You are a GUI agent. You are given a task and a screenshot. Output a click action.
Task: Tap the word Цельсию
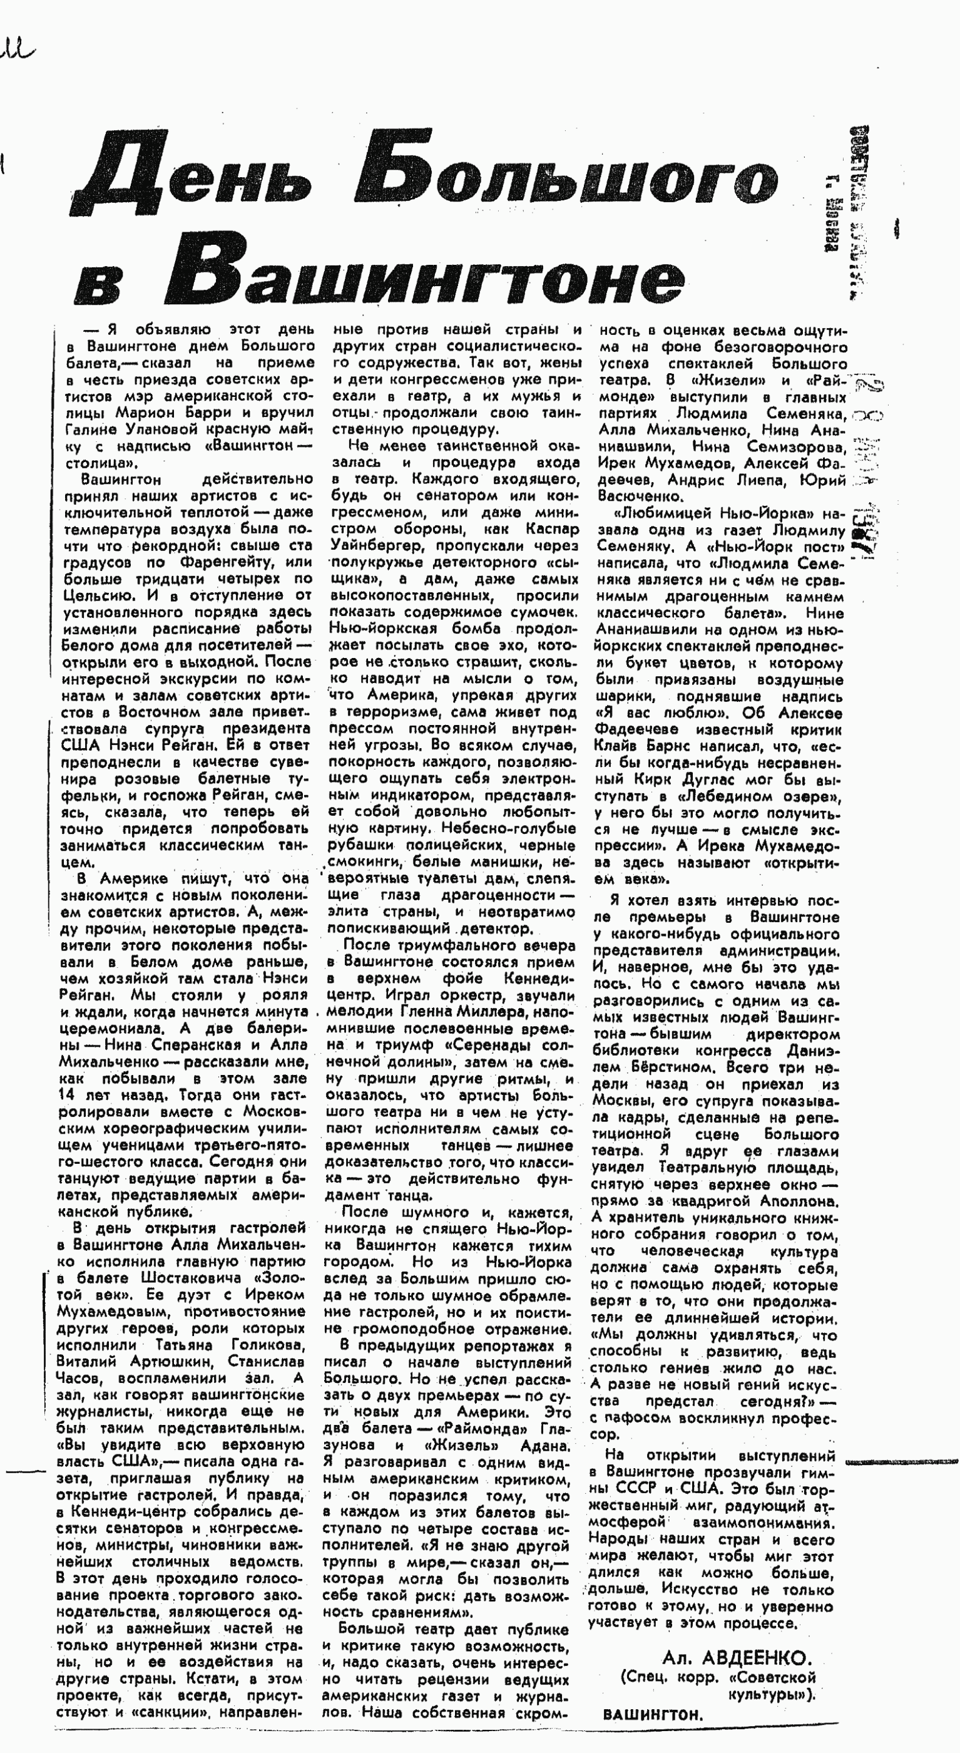pyautogui.click(x=95, y=596)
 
